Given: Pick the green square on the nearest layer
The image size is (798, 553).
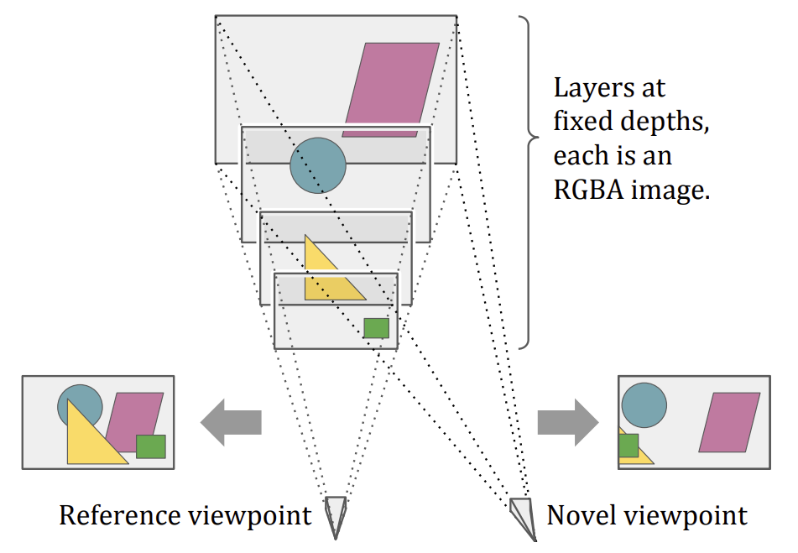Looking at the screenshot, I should point(376,327).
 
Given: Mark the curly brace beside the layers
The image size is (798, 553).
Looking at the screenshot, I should point(527,180).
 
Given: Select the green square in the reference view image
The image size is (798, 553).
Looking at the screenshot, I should point(151,446).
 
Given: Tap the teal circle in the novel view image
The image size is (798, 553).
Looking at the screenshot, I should point(644,404).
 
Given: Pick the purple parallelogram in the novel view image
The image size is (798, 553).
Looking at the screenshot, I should point(728,422).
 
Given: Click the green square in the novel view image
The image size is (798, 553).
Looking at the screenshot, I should point(628,445).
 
